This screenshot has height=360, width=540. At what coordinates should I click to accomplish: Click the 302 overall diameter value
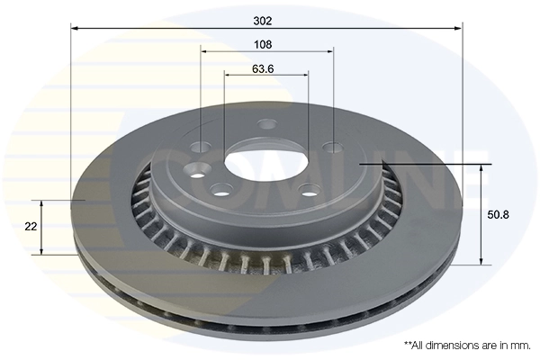tap(262, 20)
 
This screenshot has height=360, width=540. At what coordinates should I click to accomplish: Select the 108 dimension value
tap(264, 43)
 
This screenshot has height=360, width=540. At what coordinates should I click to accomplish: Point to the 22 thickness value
tap(31, 227)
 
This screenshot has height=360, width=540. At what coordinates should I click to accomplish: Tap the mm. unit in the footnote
tap(521, 345)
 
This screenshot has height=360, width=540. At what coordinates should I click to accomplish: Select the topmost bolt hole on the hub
tap(266, 125)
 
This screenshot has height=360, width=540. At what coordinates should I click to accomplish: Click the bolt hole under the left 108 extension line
tap(201, 148)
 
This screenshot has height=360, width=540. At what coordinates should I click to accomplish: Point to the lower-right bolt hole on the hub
tap(309, 189)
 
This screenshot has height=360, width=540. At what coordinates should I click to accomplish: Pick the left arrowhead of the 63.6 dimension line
tap(227, 75)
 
